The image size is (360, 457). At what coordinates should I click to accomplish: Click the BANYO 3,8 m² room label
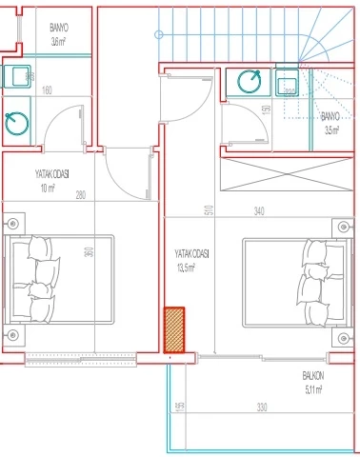[59, 36]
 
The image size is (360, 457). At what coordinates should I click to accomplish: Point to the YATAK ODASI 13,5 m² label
[192, 261]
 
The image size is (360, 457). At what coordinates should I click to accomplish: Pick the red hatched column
[174, 329]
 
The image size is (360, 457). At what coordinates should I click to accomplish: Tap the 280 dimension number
[81, 196]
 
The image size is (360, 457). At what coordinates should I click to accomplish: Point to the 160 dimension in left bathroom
[47, 91]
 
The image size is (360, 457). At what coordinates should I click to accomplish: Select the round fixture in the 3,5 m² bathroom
[250, 82]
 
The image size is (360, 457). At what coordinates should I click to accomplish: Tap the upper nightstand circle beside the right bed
[344, 227]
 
